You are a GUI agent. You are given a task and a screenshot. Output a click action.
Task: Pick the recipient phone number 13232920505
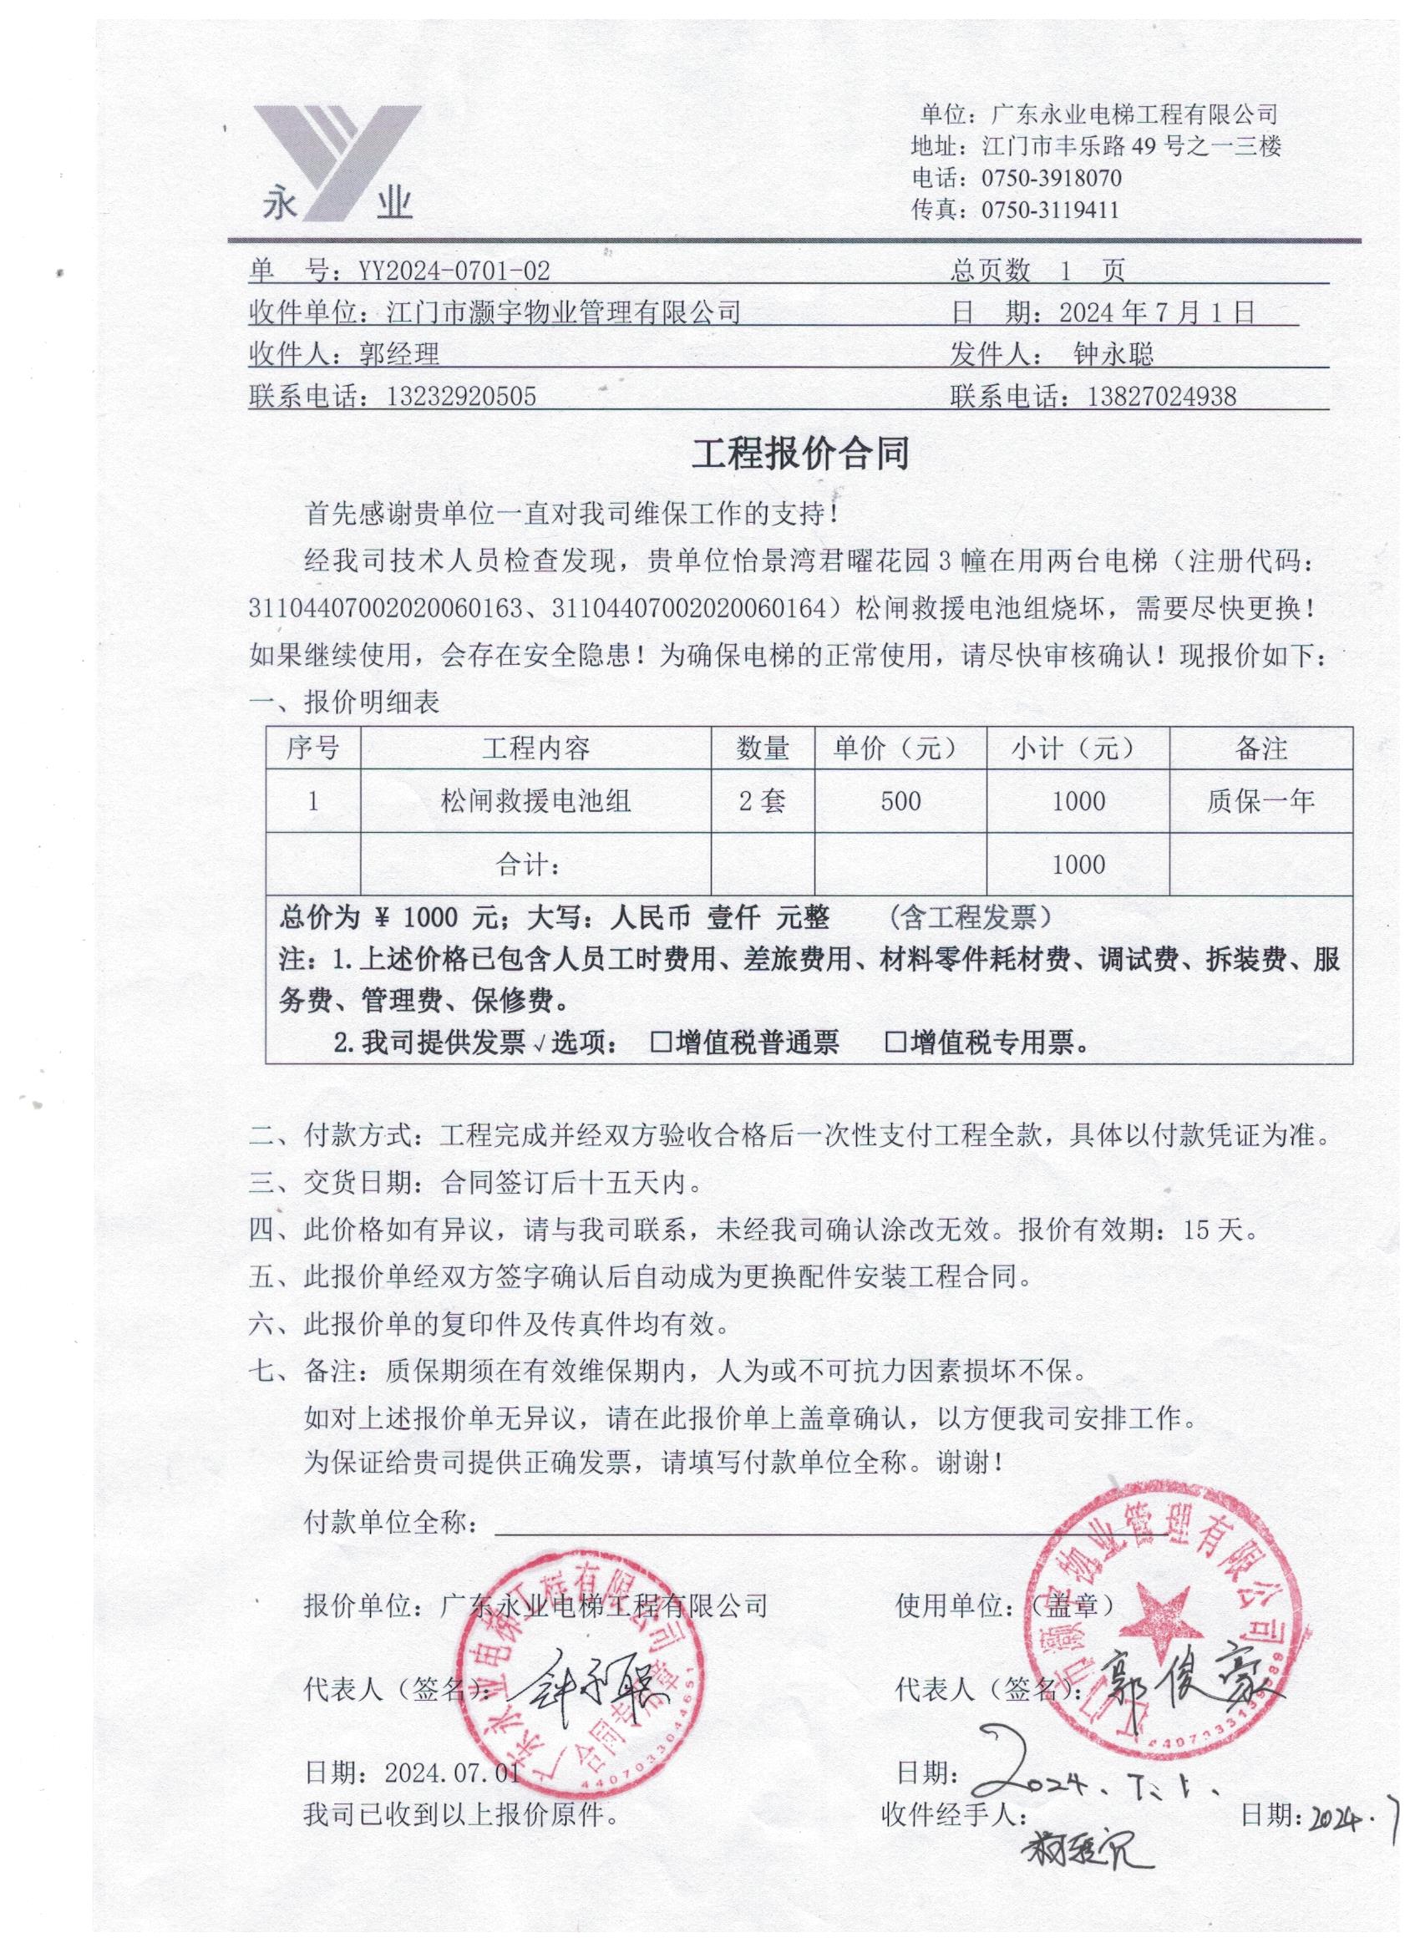coord(462,396)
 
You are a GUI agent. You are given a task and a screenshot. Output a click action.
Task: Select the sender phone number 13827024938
coord(1162,396)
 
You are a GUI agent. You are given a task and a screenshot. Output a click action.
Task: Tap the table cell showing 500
coord(900,802)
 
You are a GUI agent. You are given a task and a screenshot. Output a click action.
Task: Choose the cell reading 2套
coord(762,802)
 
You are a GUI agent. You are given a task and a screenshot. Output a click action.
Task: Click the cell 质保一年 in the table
coord(1260,802)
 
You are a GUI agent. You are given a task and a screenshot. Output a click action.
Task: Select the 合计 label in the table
coord(529,864)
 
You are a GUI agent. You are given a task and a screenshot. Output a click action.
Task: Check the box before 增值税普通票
coord(662,1044)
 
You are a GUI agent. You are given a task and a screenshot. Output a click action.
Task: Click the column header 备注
coord(1260,748)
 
